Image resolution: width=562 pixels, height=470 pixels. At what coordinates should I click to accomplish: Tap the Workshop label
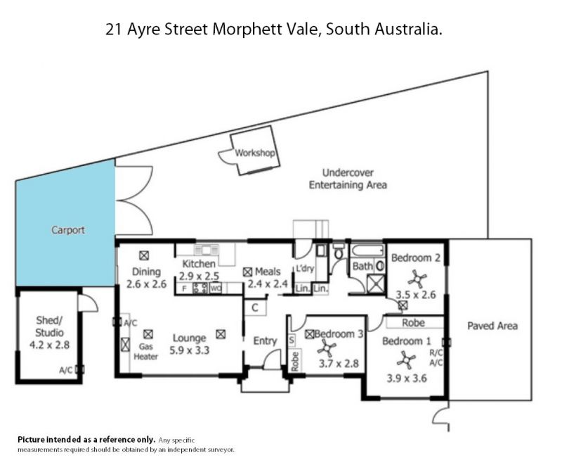point(255,153)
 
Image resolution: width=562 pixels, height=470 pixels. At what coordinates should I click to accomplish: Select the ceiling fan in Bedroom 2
point(417,279)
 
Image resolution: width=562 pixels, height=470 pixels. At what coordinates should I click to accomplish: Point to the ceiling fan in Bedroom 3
point(327,349)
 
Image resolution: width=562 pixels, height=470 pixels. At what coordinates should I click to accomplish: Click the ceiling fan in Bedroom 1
point(406,360)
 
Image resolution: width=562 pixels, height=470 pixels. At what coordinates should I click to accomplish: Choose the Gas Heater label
point(145,352)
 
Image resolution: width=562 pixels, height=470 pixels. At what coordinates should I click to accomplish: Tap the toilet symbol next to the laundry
point(338,251)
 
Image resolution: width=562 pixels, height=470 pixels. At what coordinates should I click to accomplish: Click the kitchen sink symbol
point(206,249)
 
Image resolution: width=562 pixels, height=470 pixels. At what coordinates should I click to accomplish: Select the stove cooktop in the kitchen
point(200,288)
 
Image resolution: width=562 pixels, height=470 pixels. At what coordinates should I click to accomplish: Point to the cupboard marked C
point(255,307)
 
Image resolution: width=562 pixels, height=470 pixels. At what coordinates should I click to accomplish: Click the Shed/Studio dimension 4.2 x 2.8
point(49,345)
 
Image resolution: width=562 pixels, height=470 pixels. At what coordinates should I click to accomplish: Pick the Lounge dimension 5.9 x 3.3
point(189,350)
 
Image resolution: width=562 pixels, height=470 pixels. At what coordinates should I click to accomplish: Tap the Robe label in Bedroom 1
point(413,323)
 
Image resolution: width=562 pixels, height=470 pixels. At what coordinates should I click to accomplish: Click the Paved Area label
point(492,326)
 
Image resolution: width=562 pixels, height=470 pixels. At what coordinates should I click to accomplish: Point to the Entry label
point(265,341)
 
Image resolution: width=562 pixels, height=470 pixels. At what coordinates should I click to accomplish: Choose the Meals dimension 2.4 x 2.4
point(268,284)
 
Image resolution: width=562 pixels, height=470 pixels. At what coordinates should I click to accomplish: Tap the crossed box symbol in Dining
point(144,255)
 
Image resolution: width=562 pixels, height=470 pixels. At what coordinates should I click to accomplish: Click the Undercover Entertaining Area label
point(348,179)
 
